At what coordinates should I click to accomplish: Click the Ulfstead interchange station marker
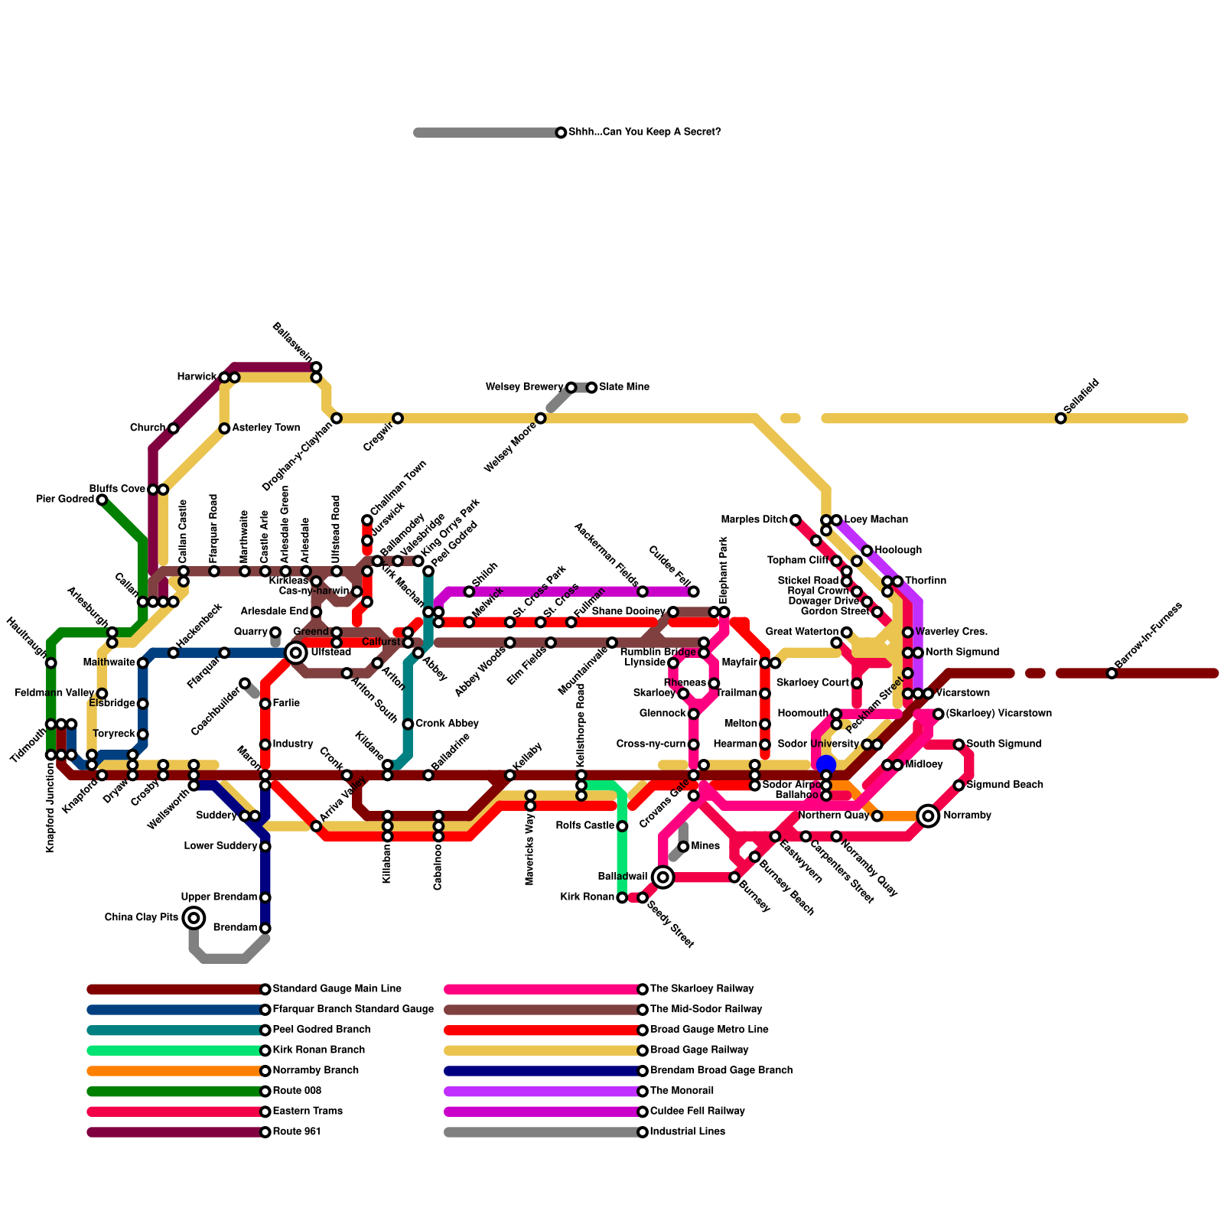pos(296,653)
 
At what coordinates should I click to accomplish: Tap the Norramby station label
pos(967,815)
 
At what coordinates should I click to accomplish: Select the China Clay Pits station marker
pos(194,917)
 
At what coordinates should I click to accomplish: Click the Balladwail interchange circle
pos(663,877)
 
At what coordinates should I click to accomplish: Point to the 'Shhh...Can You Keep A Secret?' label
pos(644,132)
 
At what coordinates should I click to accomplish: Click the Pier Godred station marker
pos(102,500)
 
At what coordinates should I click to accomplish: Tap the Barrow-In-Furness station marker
pos(1112,673)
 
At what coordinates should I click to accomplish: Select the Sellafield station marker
pos(1060,418)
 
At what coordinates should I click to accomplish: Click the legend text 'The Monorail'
pos(682,1091)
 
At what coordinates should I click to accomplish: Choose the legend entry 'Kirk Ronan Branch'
pos(318,1050)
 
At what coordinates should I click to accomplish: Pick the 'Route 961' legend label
pos(297,1131)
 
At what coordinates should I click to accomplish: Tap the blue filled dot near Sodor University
pos(825,764)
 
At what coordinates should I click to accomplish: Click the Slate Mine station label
pos(624,387)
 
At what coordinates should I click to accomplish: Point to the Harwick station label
pos(197,377)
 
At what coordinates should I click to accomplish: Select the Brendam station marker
pos(265,928)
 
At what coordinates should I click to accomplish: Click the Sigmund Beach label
pos(994,785)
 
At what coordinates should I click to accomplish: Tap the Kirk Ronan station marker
pos(622,897)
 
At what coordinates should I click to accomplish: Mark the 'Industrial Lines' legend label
pos(687,1131)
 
